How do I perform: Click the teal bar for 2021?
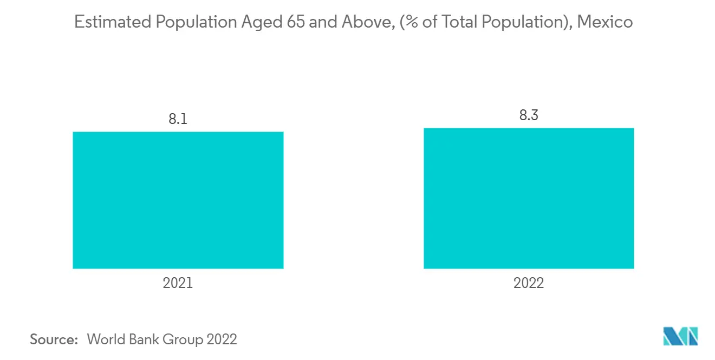click(x=178, y=200)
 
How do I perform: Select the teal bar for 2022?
click(x=528, y=198)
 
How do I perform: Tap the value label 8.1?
click(x=178, y=120)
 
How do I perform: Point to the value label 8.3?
click(x=528, y=115)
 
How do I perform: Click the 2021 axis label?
click(x=178, y=283)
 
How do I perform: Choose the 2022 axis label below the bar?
click(x=528, y=283)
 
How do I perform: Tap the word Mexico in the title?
click(x=605, y=23)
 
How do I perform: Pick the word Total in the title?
click(x=451, y=23)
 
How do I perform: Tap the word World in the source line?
click(x=106, y=339)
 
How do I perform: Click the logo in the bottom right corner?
click(x=681, y=336)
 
